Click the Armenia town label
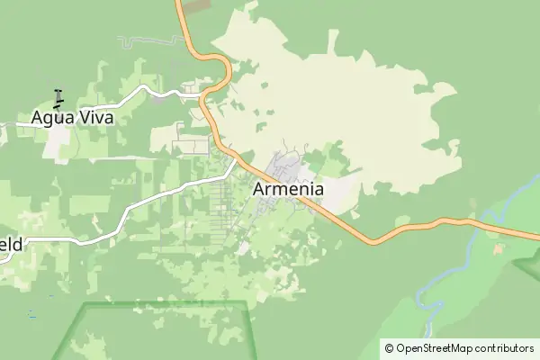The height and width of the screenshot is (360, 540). point(288,189)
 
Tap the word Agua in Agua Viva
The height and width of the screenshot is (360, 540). point(51,117)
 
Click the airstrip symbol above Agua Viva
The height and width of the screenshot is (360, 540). point(58,96)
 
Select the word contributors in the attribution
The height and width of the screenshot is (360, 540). point(505,348)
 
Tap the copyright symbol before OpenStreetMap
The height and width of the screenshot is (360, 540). point(389,348)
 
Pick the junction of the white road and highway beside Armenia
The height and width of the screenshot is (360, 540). point(239,162)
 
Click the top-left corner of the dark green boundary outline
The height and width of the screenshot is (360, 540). point(85,304)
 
